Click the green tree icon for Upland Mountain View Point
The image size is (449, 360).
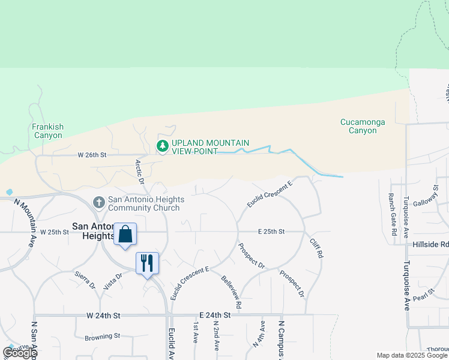162,146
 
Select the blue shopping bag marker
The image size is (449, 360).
125,234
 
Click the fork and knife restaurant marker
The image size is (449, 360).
147,263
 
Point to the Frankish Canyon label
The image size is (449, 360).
48,131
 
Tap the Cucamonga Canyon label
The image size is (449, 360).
363,126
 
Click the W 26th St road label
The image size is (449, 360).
92,155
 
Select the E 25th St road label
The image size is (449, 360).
271,232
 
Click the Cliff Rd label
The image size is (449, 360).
316,248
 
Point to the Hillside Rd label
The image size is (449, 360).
430,245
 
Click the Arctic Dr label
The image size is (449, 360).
140,172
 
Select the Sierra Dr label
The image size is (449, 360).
85,279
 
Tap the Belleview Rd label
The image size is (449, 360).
231,292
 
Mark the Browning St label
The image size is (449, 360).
102,336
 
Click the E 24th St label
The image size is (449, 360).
214,315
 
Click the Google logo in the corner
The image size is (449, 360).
20,353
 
